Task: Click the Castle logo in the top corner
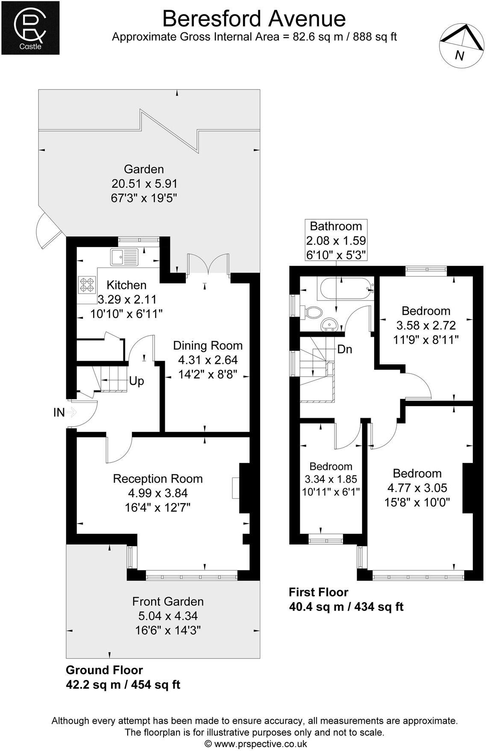(x=30, y=28)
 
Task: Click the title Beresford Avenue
(x=254, y=19)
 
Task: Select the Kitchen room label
(x=126, y=285)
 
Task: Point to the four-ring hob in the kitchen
(x=87, y=285)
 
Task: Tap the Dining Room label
(x=208, y=346)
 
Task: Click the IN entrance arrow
(x=71, y=413)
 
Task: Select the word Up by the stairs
(x=136, y=381)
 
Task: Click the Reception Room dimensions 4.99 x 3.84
(x=158, y=493)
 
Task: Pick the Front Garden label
(x=168, y=602)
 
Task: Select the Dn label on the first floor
(x=345, y=349)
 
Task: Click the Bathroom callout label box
(x=336, y=240)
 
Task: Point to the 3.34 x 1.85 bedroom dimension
(x=331, y=479)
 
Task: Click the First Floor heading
(x=319, y=592)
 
